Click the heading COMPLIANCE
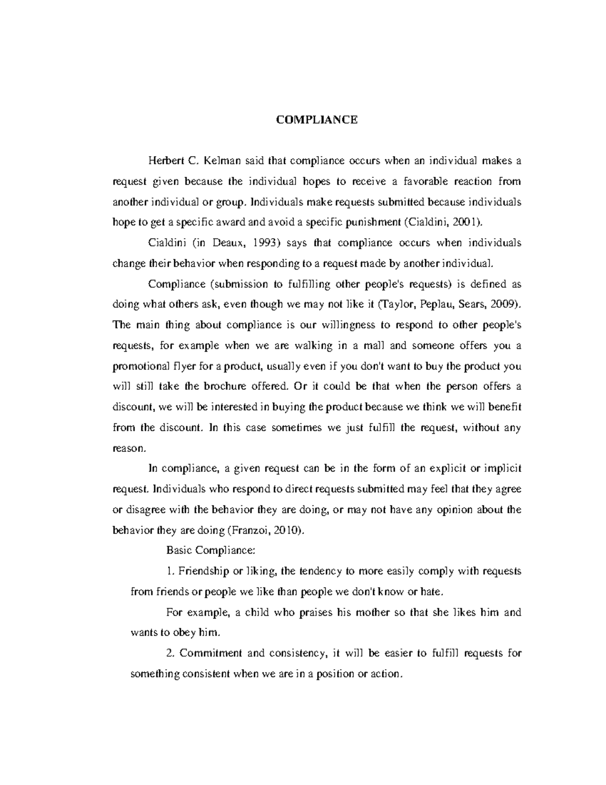click(317, 120)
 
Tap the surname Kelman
click(223, 161)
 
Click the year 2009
click(506, 305)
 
